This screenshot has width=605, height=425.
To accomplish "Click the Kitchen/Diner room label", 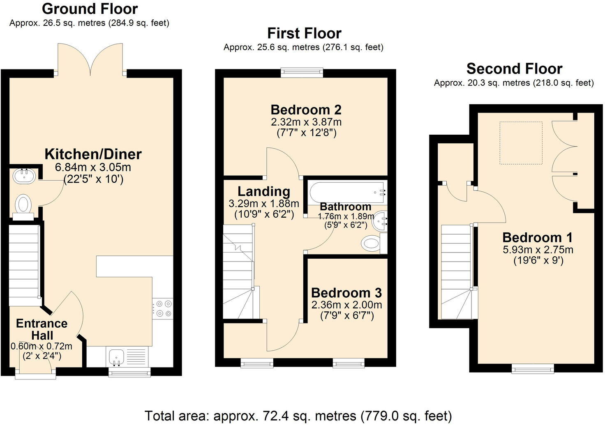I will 93,154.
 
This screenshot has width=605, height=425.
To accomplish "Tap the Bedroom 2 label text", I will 306,110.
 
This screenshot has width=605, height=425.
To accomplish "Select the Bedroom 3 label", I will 346,293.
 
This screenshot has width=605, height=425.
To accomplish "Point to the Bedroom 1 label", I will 537,237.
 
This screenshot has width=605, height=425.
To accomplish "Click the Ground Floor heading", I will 90,8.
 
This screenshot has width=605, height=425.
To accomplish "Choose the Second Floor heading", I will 514,68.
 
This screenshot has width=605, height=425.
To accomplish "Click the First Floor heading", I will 304,33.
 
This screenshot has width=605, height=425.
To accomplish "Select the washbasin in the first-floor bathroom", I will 380,222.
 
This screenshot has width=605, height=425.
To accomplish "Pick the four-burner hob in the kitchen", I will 163,309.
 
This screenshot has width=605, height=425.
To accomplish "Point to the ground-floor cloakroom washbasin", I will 24,176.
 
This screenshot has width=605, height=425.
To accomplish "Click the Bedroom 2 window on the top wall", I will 302,73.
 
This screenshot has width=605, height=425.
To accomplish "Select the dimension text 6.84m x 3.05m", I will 93,167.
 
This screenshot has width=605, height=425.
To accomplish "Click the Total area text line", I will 298,416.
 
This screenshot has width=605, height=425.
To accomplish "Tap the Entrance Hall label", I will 42,329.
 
